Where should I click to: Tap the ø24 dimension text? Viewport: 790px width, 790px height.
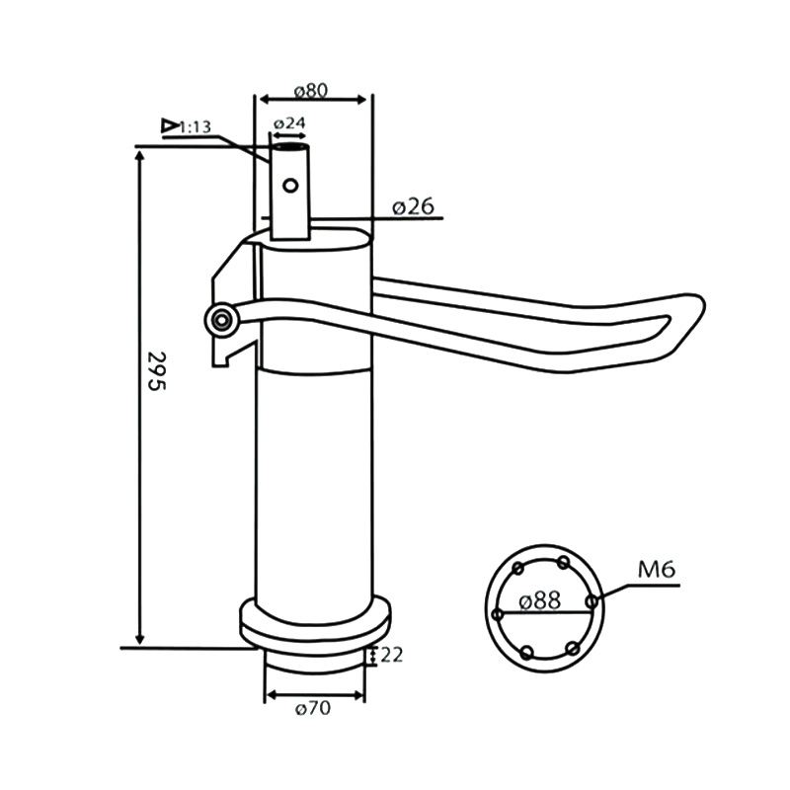click(289, 123)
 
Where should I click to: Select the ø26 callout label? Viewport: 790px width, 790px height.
click(413, 206)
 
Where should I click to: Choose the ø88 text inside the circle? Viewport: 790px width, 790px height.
click(540, 599)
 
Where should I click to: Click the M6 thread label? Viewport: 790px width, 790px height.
click(656, 570)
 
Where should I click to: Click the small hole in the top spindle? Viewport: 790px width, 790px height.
click(289, 185)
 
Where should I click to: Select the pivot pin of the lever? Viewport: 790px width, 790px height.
click(222, 318)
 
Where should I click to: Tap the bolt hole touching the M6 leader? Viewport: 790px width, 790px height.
click(592, 600)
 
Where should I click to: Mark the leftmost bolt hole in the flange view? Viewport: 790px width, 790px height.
click(498, 614)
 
